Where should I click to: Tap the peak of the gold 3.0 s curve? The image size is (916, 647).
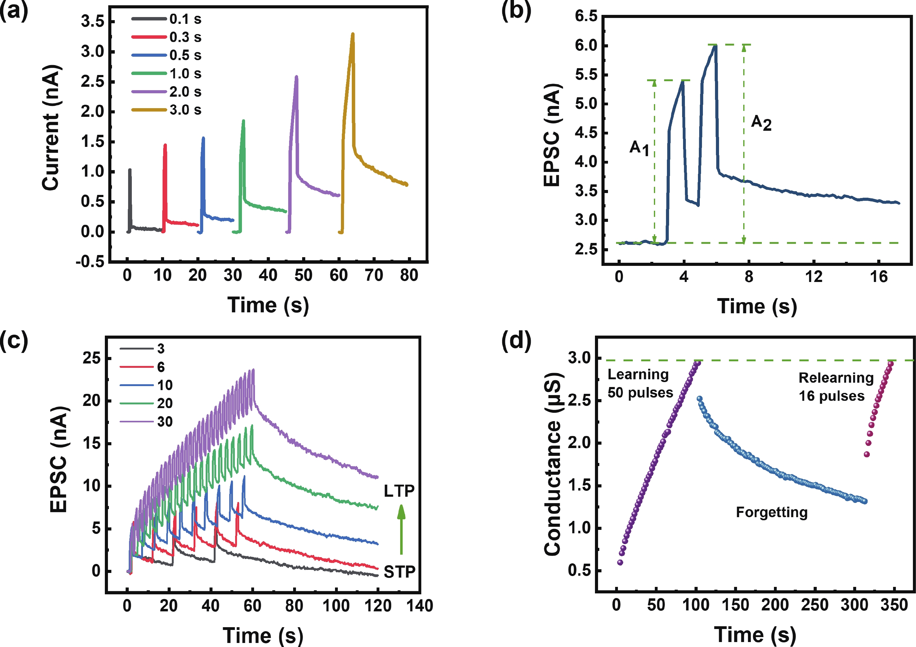pyautogui.click(x=353, y=34)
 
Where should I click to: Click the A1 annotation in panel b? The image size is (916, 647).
pyautogui.click(x=639, y=147)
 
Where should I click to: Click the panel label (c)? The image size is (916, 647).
pyautogui.click(x=14, y=341)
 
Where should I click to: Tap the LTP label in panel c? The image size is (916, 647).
pyautogui.click(x=399, y=491)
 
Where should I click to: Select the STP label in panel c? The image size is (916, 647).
pyautogui.click(x=399, y=572)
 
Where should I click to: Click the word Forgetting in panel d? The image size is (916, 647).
pyautogui.click(x=771, y=512)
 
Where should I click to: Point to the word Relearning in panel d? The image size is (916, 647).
pyautogui.click(x=836, y=377)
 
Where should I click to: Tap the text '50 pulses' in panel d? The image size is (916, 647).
pyautogui.click(x=640, y=393)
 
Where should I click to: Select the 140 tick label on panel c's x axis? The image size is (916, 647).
pyautogui.click(x=419, y=606)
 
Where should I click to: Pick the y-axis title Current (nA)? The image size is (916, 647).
pyautogui.click(x=51, y=128)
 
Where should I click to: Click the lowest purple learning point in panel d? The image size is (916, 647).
pyautogui.click(x=620, y=562)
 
